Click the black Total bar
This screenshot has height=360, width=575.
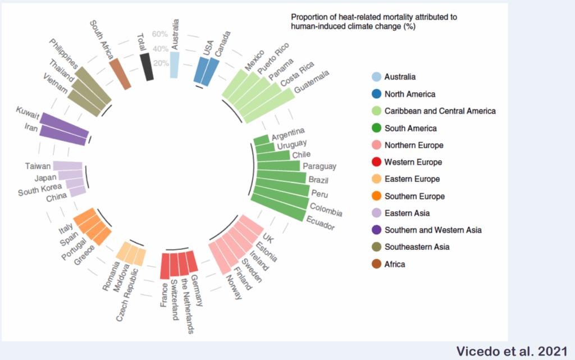[147, 67]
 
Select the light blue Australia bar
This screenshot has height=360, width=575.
[174, 65]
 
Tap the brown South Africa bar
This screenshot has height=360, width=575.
[120, 74]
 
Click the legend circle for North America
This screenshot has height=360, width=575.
[376, 94]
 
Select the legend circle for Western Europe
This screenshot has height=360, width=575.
[376, 162]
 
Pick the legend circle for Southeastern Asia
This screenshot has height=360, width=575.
[376, 247]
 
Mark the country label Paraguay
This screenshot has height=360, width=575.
[320, 166]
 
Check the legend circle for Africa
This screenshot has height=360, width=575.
[376, 264]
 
